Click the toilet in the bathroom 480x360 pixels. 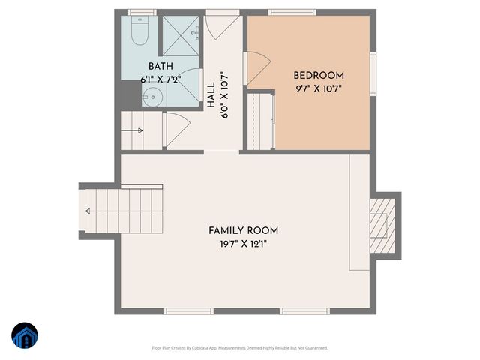pyautogui.click(x=139, y=30)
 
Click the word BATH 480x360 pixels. pyautogui.click(x=161, y=67)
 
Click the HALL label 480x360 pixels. pyautogui.click(x=211, y=95)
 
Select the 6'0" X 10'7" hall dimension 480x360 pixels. pyautogui.click(x=225, y=95)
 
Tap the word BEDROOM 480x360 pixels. pyautogui.click(x=319, y=75)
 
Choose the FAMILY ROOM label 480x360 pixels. pyautogui.click(x=244, y=230)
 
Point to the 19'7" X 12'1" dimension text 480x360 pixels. pyautogui.click(x=244, y=243)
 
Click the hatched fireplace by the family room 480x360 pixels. pyautogui.click(x=382, y=223)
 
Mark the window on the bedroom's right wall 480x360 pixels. pyautogui.click(x=373, y=70)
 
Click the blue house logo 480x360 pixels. pyautogui.click(x=25, y=337)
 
